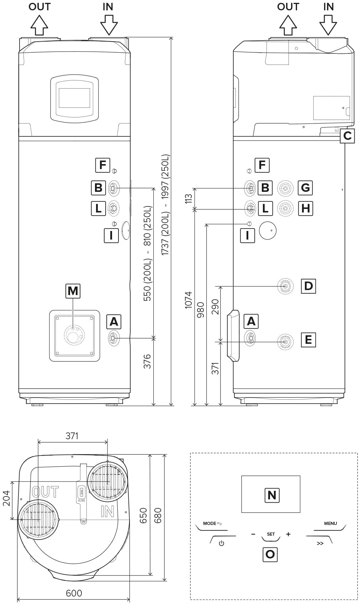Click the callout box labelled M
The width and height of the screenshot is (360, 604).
click(73, 291)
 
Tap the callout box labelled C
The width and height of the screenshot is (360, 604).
click(347, 136)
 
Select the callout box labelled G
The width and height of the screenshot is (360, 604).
click(305, 188)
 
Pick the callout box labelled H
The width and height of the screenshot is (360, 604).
click(305, 208)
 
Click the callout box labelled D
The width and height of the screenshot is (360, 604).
click(308, 286)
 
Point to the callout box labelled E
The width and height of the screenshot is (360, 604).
click(308, 340)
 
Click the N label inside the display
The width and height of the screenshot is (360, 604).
click(272, 495)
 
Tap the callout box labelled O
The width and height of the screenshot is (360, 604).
click(270, 554)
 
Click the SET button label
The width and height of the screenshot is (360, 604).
click(271, 534)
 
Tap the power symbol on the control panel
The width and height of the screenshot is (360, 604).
click(222, 543)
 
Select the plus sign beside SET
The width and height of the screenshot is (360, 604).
click(288, 534)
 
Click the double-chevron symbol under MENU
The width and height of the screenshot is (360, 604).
click(320, 543)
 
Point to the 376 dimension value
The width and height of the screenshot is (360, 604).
click(147, 362)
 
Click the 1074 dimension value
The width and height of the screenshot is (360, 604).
click(189, 300)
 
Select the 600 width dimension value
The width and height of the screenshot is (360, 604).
click(74, 593)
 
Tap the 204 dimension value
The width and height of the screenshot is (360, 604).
click(6, 496)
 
